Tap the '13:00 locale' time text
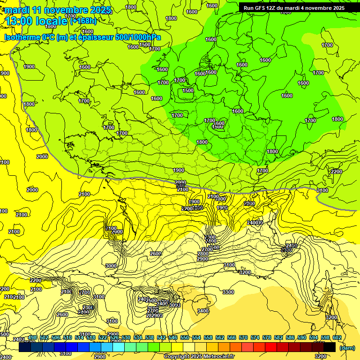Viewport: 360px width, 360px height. click(x=37, y=21)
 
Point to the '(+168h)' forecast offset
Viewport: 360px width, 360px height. click(x=83, y=20)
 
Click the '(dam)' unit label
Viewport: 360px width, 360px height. click(x=346, y=347)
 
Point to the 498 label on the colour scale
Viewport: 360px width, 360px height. click(x=32, y=337)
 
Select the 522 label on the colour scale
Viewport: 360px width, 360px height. click(x=103, y=337)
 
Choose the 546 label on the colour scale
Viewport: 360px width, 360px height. click(x=173, y=337)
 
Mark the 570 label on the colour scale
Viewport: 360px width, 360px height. click(x=243, y=337)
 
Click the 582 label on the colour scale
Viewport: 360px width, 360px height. click(x=278, y=337)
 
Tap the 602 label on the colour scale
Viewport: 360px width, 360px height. click(x=337, y=337)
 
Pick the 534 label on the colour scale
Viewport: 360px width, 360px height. click(x=138, y=337)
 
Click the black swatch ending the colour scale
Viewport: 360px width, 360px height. click(x=330, y=347)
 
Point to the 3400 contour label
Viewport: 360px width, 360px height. click(x=203, y=311)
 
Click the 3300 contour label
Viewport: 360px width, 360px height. click(x=228, y=292)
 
